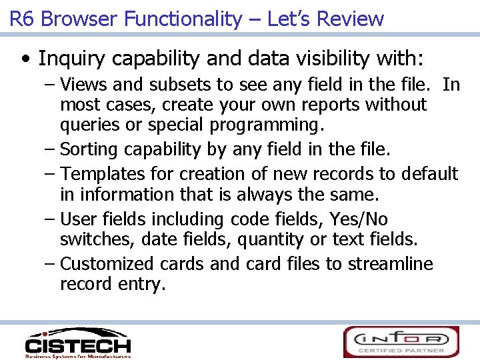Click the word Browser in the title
[x=82, y=19]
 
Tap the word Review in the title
[x=350, y=19]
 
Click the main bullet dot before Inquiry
[x=25, y=59]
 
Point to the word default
[x=429, y=174]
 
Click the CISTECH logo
[x=77, y=343]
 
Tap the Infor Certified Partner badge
[x=401, y=342]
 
